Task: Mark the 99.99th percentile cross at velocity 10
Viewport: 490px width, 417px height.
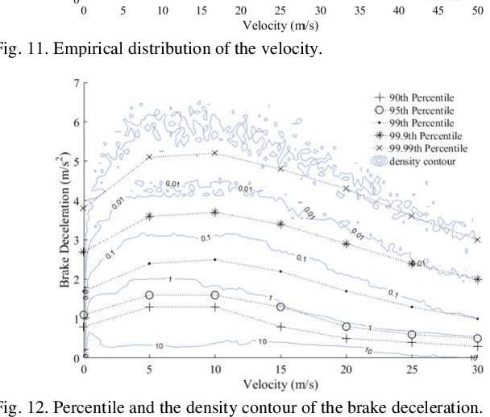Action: click(x=214, y=153)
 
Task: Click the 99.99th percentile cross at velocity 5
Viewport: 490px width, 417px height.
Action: click(x=149, y=157)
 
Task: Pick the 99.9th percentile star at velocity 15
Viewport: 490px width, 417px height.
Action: click(x=280, y=224)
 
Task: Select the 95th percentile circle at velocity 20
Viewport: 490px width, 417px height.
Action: click(x=347, y=326)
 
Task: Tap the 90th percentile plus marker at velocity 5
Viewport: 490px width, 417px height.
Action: click(x=149, y=307)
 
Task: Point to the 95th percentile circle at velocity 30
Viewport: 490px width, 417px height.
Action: click(x=477, y=339)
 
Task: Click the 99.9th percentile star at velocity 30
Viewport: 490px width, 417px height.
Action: click(x=477, y=279)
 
